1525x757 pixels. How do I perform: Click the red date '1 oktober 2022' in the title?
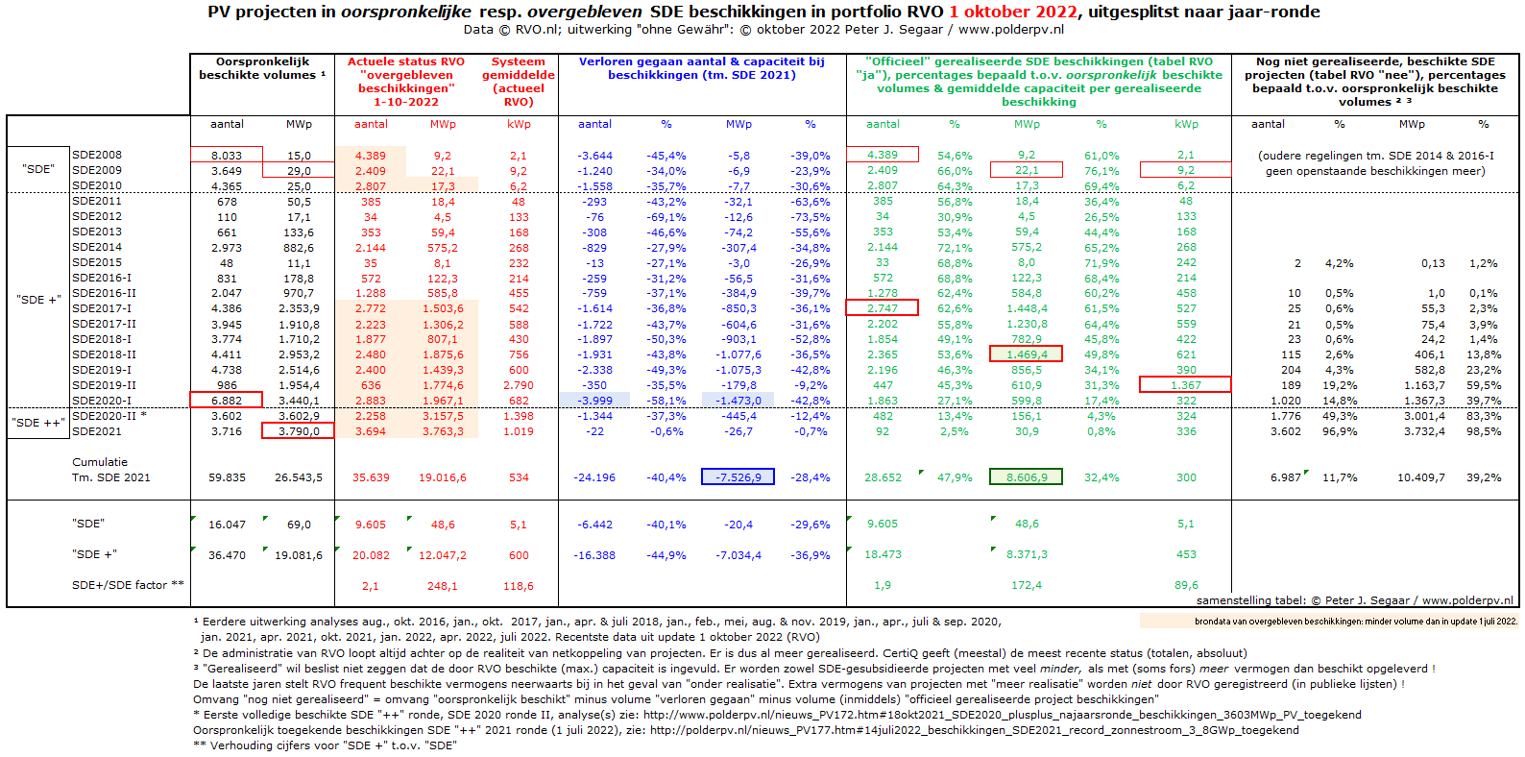(1013, 12)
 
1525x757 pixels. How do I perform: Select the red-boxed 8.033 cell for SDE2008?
(227, 155)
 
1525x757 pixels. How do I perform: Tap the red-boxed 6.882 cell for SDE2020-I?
(227, 401)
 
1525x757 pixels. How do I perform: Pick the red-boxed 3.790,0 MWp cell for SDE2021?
(298, 431)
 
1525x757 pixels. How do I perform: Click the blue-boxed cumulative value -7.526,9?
(738, 477)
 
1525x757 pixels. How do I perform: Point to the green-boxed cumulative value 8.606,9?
(1026, 477)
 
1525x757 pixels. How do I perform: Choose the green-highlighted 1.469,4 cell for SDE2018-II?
(1026, 354)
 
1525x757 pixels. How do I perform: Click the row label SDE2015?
(97, 262)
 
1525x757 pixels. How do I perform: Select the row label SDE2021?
(97, 431)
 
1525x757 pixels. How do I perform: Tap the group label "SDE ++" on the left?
(38, 423)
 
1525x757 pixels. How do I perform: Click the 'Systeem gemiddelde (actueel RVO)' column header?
(519, 82)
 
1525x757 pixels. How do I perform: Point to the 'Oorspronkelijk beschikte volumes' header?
(262, 68)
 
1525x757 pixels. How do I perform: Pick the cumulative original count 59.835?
(227, 477)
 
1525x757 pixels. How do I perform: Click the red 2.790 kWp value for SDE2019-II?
(519, 385)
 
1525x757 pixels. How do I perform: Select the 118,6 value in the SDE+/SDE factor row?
(519, 586)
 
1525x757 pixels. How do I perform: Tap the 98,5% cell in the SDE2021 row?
(1483, 431)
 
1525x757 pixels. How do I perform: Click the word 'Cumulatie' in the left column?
(100, 462)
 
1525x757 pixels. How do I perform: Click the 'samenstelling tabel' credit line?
(1354, 600)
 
